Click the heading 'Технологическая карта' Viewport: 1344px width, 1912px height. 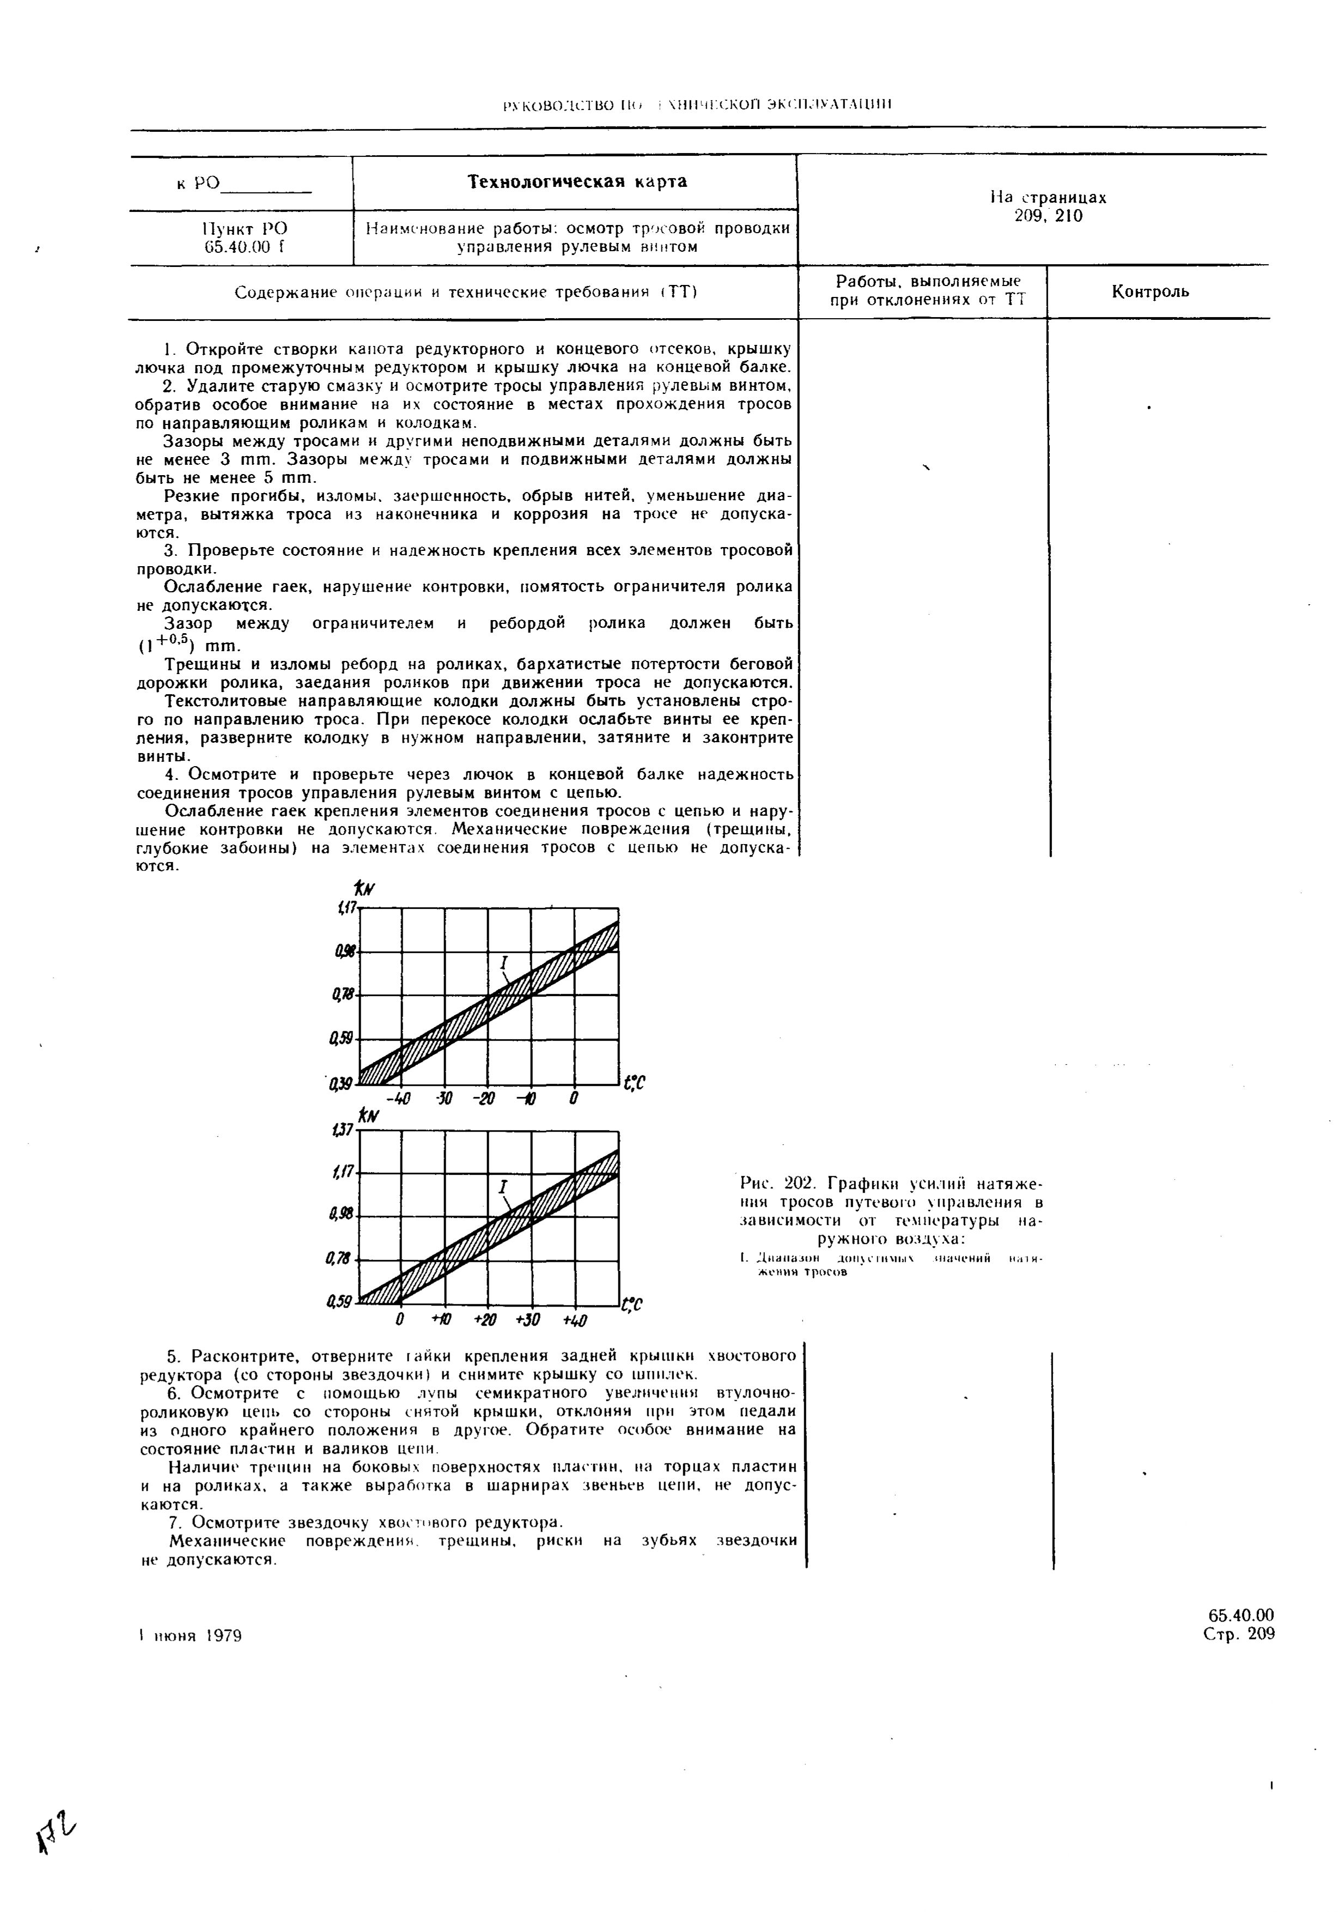click(x=576, y=181)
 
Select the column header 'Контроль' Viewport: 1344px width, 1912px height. click(x=1150, y=292)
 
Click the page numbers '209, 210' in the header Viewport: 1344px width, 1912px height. click(x=1048, y=216)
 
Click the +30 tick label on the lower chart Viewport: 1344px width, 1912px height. click(x=530, y=1321)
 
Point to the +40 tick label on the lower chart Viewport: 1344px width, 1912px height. click(x=575, y=1321)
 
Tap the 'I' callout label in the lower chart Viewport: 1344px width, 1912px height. click(x=503, y=1187)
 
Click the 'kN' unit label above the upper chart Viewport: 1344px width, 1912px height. click(x=364, y=891)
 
